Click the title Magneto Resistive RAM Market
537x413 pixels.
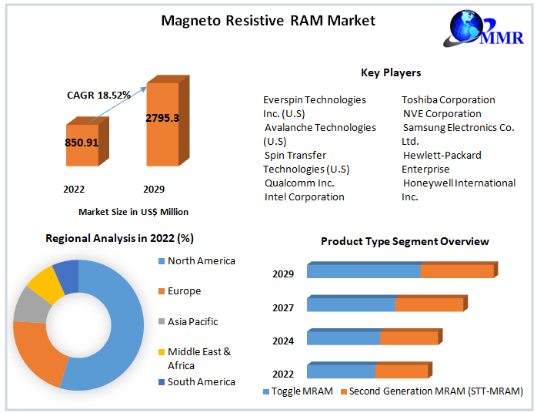click(268, 20)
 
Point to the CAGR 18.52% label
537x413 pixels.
click(98, 95)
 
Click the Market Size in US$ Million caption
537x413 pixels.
click(133, 211)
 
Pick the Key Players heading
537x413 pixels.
click(391, 72)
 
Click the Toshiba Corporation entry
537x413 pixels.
click(449, 99)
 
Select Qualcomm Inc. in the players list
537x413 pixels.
click(299, 183)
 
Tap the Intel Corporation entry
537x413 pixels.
click(304, 196)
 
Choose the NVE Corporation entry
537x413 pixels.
click(442, 113)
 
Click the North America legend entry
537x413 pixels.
click(201, 261)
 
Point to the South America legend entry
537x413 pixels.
click(201, 381)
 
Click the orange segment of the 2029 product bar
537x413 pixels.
click(456, 271)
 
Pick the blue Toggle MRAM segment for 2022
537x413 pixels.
click(340, 371)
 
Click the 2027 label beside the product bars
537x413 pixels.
click(283, 307)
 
